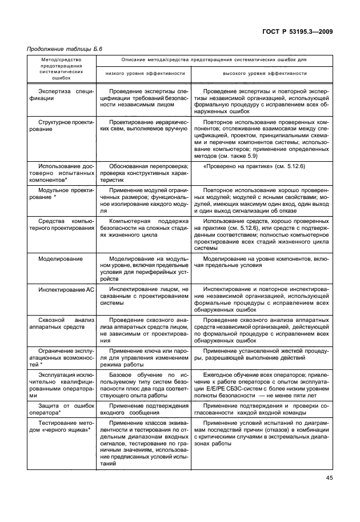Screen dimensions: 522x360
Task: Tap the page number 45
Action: point(329,478)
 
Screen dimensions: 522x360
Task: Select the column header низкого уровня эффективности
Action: point(145,73)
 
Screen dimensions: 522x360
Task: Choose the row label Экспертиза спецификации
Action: point(61,94)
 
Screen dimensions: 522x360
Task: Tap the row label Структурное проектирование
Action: point(61,126)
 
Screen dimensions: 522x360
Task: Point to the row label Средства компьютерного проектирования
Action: point(61,224)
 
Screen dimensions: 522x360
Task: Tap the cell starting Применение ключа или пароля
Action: point(144,356)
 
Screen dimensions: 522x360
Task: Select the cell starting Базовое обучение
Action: point(144,386)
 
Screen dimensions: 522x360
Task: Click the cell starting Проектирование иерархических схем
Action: point(144,126)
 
